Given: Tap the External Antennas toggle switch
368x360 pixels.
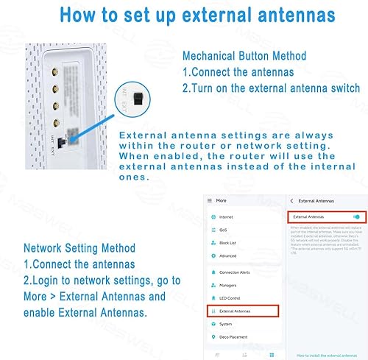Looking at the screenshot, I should [357, 217].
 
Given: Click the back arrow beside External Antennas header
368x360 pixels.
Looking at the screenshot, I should [292, 200].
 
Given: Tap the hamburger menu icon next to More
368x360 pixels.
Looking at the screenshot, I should [209, 200].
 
